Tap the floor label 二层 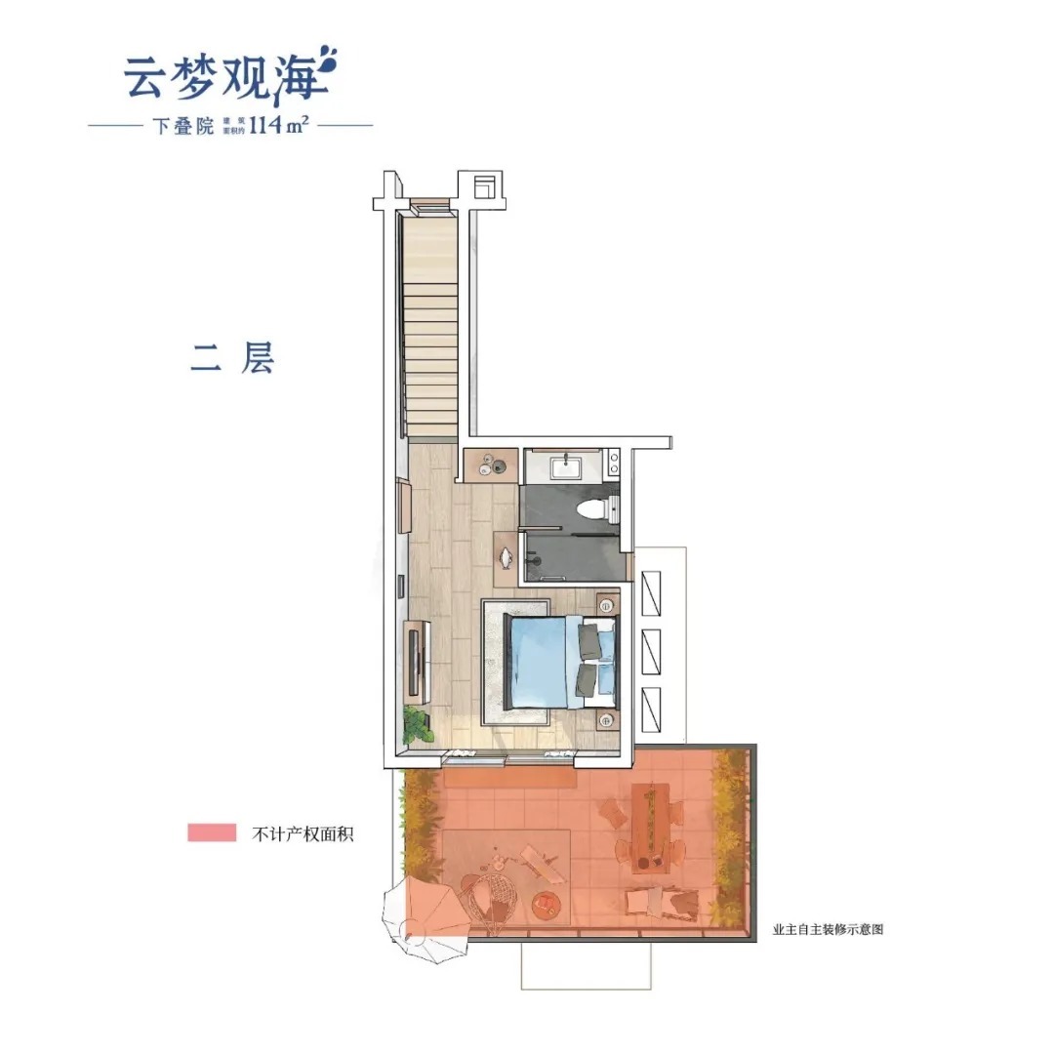231,358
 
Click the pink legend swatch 212,832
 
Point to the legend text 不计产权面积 302,833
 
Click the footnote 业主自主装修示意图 828,930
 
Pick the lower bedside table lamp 606,721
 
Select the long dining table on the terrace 647,826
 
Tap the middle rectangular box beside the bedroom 650,648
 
